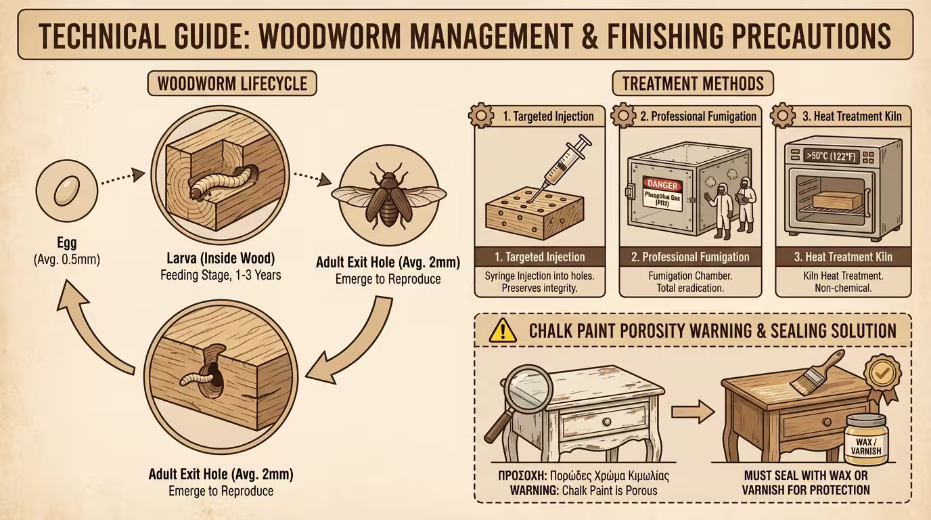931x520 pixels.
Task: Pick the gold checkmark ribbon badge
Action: click(x=880, y=372)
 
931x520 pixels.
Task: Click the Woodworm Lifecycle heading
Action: click(x=232, y=84)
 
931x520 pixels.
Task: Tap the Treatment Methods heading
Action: click(x=692, y=84)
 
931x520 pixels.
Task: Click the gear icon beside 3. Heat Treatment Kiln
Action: click(x=784, y=116)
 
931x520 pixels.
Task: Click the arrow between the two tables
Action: click(x=693, y=411)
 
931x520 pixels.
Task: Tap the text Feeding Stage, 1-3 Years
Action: click(x=220, y=276)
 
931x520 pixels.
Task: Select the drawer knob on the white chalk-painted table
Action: click(x=606, y=421)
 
